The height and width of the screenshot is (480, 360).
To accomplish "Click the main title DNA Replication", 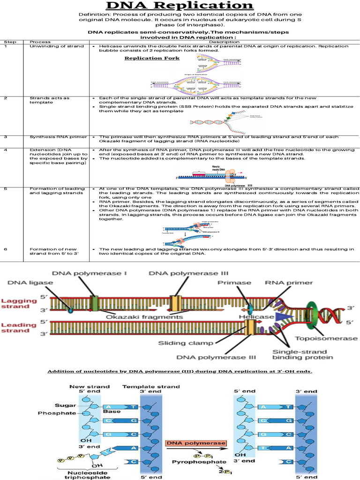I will pyautogui.click(x=180, y=7).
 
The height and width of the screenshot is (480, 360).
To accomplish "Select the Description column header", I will pyautogui.click(x=224, y=42).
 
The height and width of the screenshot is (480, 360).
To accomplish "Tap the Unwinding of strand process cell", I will pyautogui.click(x=57, y=46).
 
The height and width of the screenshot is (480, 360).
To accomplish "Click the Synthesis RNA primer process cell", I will pyautogui.click(x=58, y=137).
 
